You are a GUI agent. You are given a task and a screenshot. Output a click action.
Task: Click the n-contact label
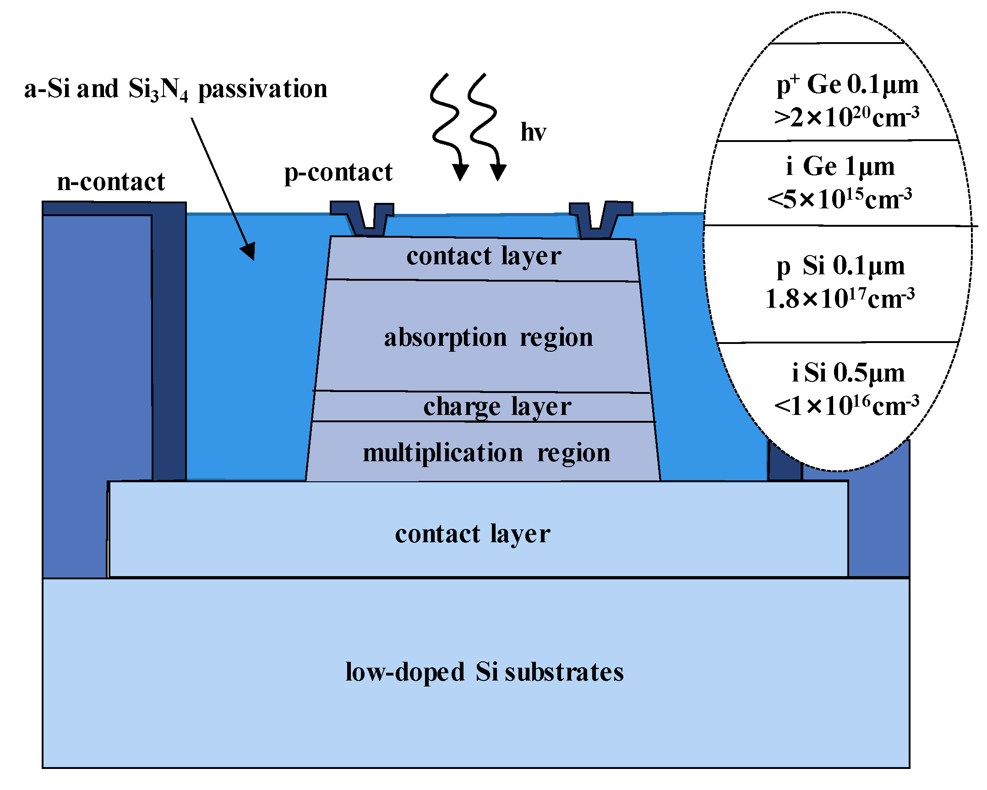pos(110,182)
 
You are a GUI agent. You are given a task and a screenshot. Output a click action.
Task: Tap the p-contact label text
pos(338,173)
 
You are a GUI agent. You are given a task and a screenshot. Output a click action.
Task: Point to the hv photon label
pos(533,132)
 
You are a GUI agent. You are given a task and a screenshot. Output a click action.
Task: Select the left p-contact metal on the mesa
pos(363,218)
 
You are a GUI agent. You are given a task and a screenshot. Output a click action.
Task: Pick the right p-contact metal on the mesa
pos(600,219)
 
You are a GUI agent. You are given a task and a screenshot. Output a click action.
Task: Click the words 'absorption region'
pos(488,338)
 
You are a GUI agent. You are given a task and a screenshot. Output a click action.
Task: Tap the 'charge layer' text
pos(497,407)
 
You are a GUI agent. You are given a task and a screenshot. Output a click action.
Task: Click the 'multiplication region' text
pos(486,453)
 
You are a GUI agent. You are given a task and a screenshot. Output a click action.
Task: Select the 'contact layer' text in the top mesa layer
pos(483,256)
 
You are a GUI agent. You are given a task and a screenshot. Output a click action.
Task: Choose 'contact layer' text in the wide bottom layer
pos(472,534)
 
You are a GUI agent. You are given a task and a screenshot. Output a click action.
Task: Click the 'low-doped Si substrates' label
pos(484,672)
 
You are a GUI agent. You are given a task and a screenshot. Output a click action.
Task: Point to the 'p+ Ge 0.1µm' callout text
pos(847,85)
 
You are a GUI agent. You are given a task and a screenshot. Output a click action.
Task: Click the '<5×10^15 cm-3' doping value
pos(840,199)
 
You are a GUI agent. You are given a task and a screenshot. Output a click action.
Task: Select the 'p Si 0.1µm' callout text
pos(840,266)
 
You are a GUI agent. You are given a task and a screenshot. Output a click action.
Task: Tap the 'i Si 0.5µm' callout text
pos(848,372)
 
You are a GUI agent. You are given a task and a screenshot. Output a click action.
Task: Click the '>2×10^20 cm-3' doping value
pos(846,118)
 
